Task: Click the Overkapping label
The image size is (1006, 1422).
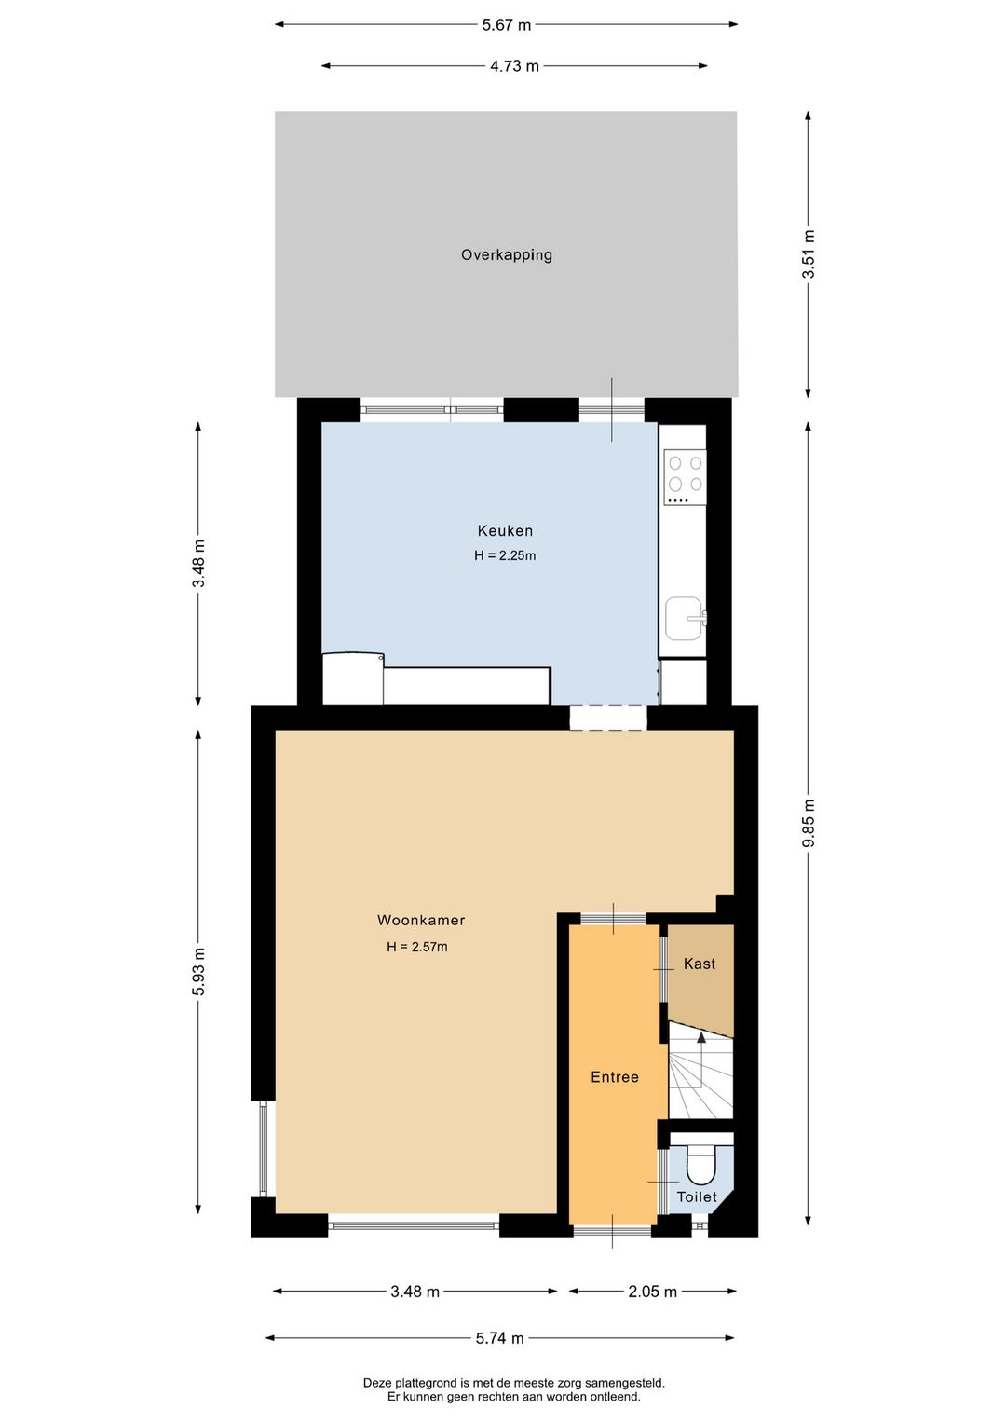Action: click(x=507, y=254)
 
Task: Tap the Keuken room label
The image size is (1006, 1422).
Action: click(x=505, y=531)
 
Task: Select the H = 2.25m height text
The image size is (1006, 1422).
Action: click(x=505, y=555)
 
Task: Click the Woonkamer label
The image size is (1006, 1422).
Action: click(x=421, y=920)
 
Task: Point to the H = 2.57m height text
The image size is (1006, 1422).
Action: click(x=417, y=947)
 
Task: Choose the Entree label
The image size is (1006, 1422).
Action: click(x=615, y=1077)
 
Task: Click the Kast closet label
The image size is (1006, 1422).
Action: click(x=700, y=964)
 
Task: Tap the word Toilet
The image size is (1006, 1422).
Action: click(x=697, y=1197)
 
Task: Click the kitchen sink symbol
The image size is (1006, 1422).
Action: click(x=685, y=619)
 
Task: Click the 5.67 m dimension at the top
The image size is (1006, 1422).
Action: click(x=506, y=25)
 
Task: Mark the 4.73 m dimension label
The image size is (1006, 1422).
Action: click(x=514, y=66)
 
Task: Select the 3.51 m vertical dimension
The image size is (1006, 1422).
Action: click(x=809, y=253)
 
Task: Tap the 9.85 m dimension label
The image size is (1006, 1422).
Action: click(x=809, y=823)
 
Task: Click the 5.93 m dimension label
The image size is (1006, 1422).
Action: click(x=198, y=971)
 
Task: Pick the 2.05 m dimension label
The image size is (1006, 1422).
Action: click(x=652, y=1292)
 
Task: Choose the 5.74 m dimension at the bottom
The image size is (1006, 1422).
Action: click(x=499, y=1338)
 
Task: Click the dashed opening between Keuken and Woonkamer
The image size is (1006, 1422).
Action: click(x=608, y=718)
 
